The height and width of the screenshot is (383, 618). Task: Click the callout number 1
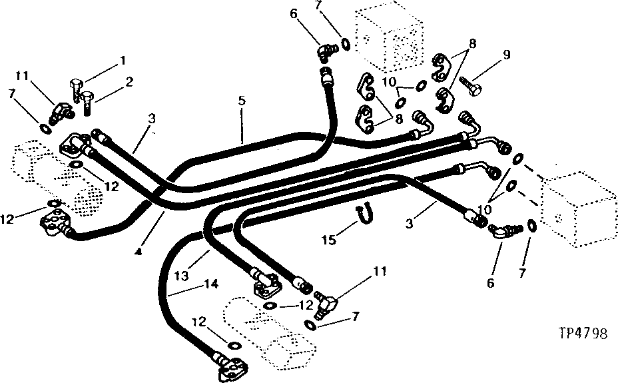tap(123, 61)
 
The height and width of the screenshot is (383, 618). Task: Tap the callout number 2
tap(129, 83)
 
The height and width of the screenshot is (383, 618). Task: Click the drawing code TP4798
tap(583, 334)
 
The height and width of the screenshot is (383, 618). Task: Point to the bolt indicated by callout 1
tap(75, 88)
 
